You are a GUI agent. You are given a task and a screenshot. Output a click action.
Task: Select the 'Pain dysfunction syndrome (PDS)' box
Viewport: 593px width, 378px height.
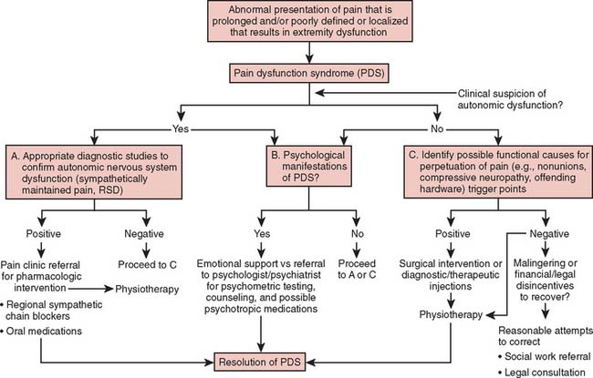point(296,70)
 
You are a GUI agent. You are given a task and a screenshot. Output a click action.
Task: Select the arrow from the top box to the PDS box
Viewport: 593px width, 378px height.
point(296,52)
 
